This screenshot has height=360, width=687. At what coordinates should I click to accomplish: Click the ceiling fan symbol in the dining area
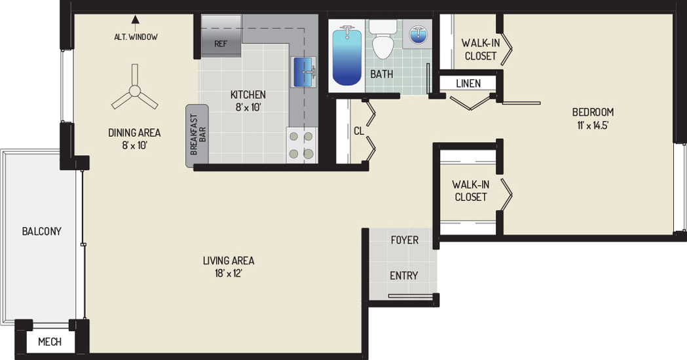coord(134,91)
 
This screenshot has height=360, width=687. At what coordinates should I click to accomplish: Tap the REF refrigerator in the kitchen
coord(221,36)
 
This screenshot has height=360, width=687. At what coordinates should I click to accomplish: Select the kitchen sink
coord(304,72)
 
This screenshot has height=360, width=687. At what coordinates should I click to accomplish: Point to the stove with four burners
coord(302,145)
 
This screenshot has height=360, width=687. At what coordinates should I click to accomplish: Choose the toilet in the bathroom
coord(383,39)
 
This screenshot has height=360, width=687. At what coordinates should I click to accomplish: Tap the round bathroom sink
coord(418,34)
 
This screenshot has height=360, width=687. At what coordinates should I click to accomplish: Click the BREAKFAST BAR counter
coord(196,135)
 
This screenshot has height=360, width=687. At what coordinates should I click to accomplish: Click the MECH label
coord(50,342)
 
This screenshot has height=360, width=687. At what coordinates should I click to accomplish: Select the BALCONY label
coord(42,231)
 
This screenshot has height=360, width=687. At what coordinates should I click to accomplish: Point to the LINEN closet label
coord(468,83)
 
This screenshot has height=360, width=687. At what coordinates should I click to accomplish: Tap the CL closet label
coord(359,131)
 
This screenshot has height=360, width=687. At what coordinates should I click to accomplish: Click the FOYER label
coord(404,240)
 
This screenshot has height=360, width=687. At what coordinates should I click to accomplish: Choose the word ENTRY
coord(403,276)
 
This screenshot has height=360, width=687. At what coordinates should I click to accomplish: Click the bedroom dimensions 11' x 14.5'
coord(593,126)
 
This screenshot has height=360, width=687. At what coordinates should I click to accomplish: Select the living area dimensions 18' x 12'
coord(229,274)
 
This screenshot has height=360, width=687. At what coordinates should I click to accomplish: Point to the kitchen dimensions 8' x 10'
coord(248,107)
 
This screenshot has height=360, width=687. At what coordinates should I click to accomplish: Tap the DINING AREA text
coord(134,133)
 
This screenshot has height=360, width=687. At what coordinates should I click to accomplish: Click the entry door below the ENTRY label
coord(410,296)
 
